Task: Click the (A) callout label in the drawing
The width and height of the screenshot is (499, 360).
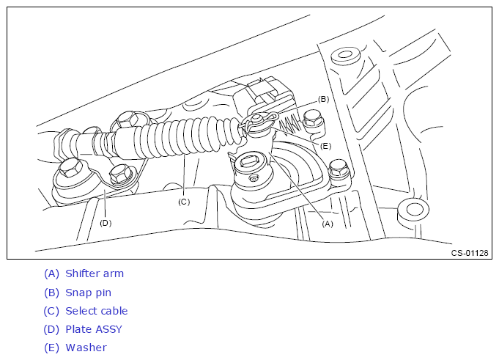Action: point(327,224)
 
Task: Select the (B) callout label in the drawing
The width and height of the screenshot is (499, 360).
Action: point(323,99)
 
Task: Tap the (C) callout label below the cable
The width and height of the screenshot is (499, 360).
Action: point(184,202)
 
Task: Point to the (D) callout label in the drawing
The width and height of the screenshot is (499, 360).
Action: point(106,223)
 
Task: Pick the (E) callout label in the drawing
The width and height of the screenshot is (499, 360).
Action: point(325,146)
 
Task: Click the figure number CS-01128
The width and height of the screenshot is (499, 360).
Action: point(470,253)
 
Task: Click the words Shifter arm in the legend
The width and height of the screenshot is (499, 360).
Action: point(95,273)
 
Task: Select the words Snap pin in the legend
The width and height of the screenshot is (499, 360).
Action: point(88,293)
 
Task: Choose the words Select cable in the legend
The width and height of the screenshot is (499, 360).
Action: point(97,311)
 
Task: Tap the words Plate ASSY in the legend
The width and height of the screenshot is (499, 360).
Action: point(94,329)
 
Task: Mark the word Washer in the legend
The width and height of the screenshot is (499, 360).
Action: point(86,348)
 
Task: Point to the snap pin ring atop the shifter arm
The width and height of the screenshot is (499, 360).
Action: point(259,120)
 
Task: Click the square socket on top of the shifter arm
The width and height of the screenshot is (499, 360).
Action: point(250,162)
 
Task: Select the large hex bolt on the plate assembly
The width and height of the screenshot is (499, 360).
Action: point(70,168)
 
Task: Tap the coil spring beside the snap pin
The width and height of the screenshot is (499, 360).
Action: point(289,125)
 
